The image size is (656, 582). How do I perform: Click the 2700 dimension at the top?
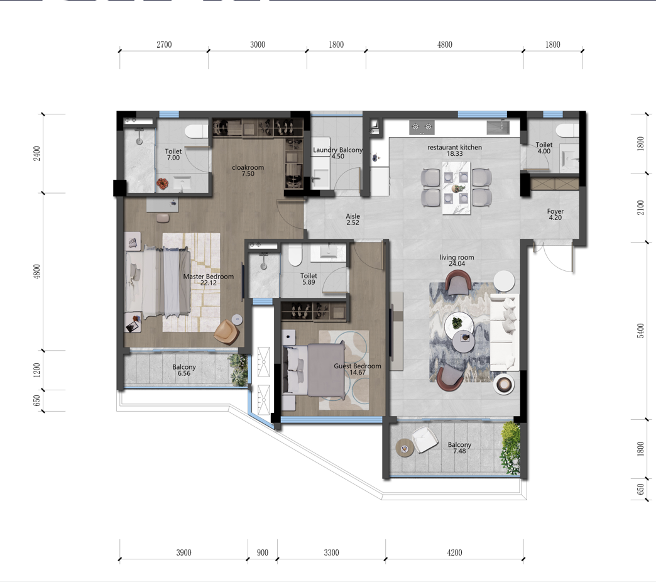pos(164,45)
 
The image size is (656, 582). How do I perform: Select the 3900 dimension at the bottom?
pos(183,552)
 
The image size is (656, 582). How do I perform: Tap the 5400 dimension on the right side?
pos(640,331)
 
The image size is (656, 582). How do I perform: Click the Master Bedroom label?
pos(209,277)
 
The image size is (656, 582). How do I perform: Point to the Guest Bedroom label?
pos(358,366)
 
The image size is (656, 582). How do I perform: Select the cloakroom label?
pos(248,167)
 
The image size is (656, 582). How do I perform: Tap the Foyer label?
pos(555,211)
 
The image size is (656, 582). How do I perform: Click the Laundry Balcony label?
pos(337,150)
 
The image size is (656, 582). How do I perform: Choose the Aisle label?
pos(353,216)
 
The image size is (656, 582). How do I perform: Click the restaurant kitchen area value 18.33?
pos(454,153)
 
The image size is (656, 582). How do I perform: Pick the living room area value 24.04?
pos(457,263)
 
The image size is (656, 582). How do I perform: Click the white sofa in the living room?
pos(505,332)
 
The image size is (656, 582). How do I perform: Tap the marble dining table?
pos(456,189)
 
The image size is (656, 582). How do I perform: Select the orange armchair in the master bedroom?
pos(227,332)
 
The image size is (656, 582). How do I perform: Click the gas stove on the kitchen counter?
pos(422,127)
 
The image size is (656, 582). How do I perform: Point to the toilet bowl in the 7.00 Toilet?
pos(197,131)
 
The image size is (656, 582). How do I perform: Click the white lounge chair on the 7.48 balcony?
pos(425,440)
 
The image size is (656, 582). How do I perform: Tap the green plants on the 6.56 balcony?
pos(239,370)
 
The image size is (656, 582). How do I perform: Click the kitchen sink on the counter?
pos(498,127)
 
